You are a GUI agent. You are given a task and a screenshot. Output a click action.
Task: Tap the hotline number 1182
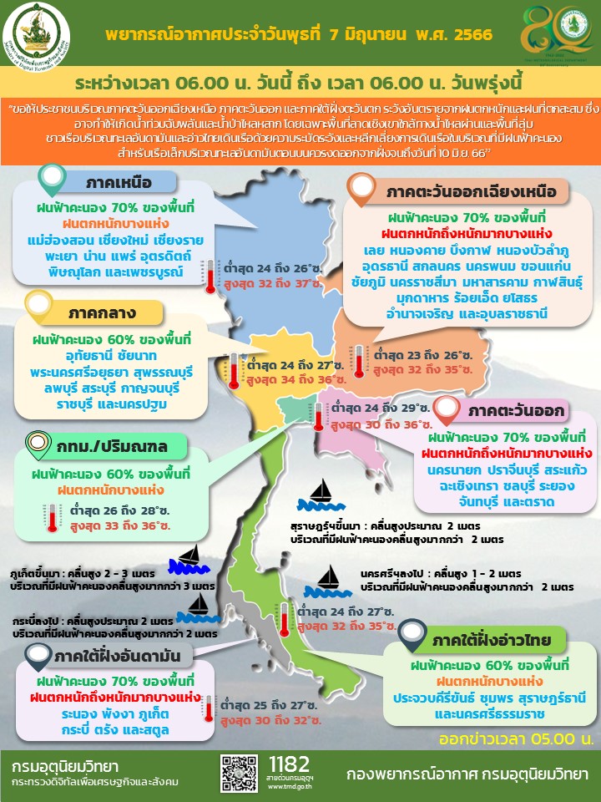coord(290,764)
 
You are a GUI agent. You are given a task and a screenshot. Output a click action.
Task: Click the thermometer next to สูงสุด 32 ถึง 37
coord(210,276)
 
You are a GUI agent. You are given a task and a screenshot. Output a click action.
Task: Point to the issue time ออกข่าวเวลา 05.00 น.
coord(517,739)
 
